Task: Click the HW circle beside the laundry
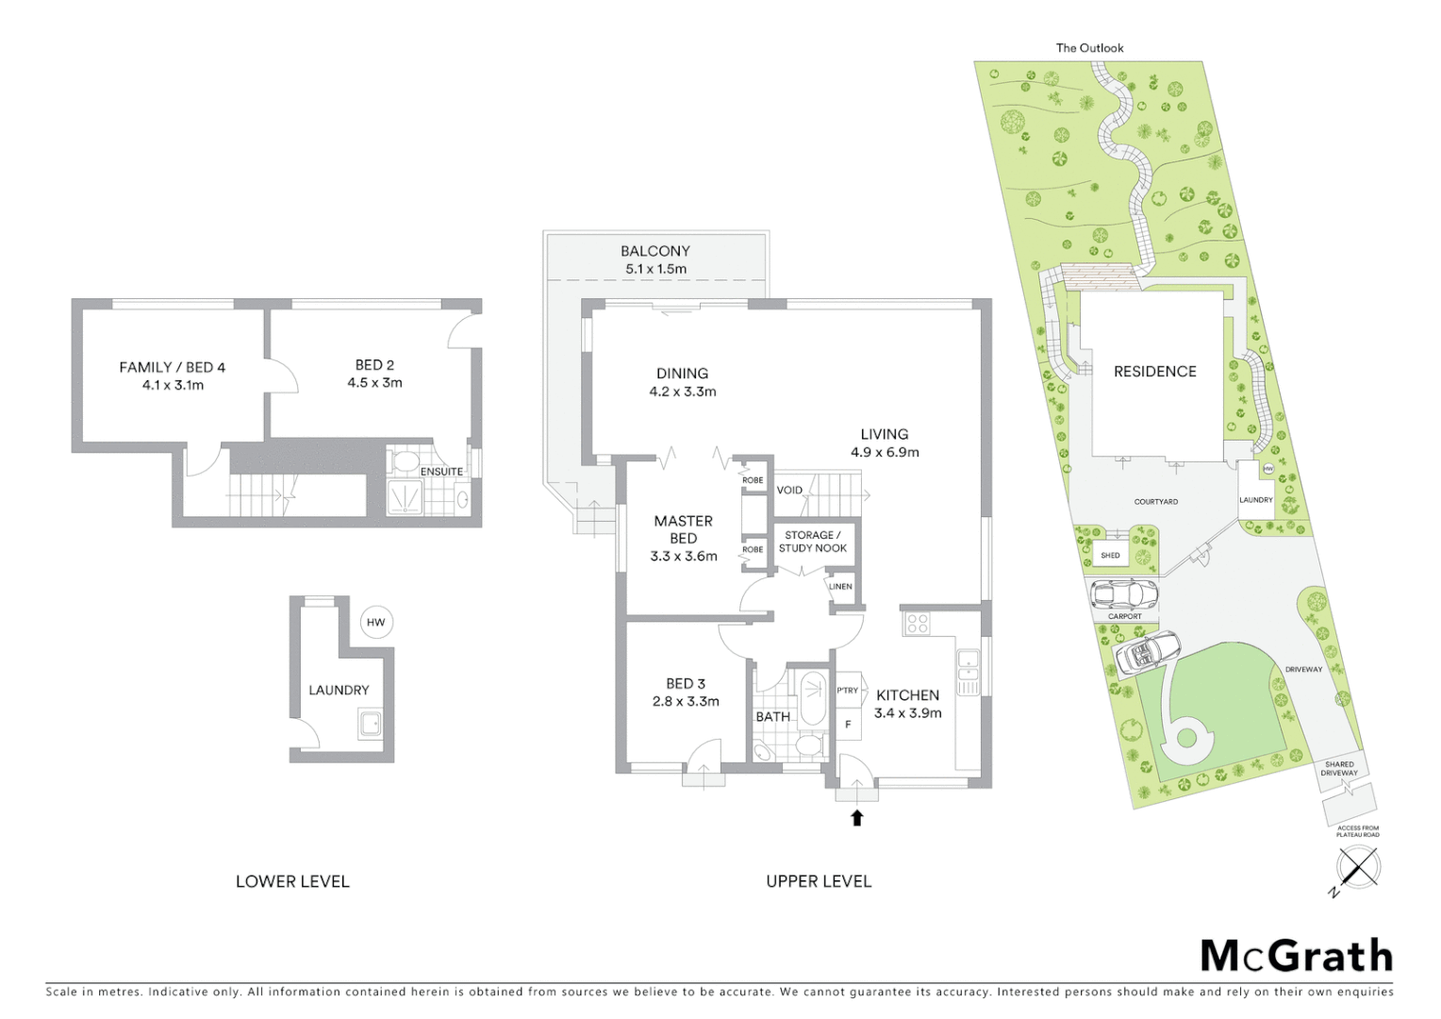click(376, 623)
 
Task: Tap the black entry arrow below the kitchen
click(857, 818)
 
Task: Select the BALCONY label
click(655, 251)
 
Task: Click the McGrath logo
click(1297, 956)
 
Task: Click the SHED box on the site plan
click(1111, 555)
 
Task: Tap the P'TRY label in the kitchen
click(847, 691)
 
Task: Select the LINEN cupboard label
click(840, 587)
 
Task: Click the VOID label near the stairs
click(789, 491)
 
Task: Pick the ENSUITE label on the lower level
click(441, 472)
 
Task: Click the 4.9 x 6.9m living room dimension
click(885, 452)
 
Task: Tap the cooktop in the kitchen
click(917, 624)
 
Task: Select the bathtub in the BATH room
click(812, 697)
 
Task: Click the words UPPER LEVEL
click(819, 881)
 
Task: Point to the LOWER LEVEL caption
click(292, 881)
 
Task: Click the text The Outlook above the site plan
click(1089, 48)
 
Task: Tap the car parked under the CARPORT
click(1123, 594)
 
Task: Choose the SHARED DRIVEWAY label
click(1339, 769)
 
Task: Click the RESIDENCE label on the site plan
click(1154, 372)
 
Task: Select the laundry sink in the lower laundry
click(370, 725)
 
